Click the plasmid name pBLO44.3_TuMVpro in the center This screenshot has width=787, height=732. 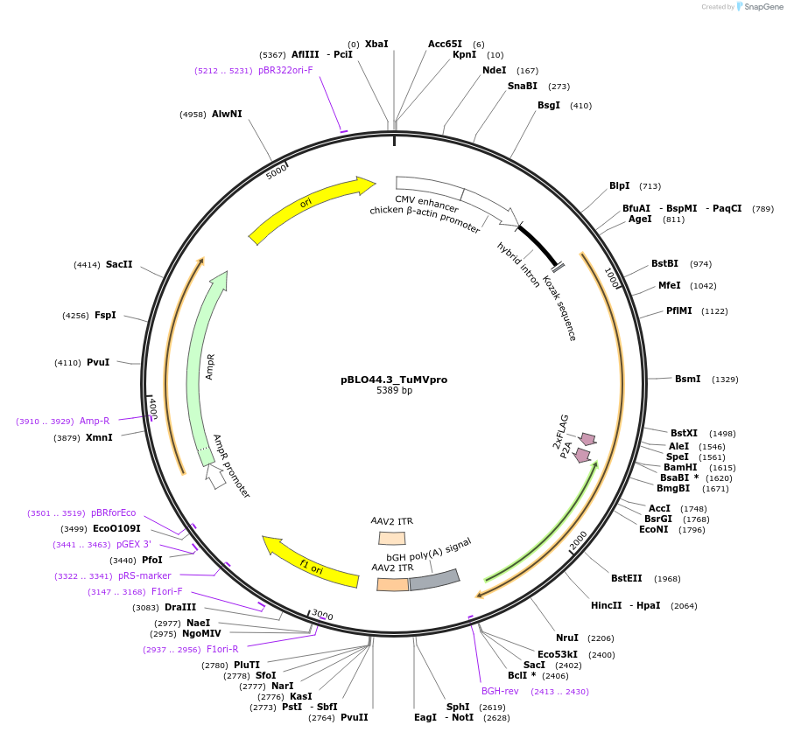point(394,380)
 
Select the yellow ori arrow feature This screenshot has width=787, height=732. point(311,208)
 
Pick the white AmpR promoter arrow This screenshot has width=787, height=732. point(215,476)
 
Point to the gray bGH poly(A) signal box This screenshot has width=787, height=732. point(434,579)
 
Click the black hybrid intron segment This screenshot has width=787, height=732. point(538,245)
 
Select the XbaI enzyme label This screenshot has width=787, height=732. point(376,44)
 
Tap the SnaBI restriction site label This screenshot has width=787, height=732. point(523,86)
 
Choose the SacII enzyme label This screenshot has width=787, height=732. point(119,264)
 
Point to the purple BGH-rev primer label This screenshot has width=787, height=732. point(500,691)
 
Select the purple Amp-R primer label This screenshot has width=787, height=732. point(95,421)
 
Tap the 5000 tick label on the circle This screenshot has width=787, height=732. point(277,171)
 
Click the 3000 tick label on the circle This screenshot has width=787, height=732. point(322,616)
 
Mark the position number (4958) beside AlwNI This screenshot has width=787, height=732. point(192,114)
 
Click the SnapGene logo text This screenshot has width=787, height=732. point(758,7)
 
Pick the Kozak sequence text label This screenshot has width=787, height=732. point(559,308)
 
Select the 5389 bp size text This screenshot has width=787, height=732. point(394,390)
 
